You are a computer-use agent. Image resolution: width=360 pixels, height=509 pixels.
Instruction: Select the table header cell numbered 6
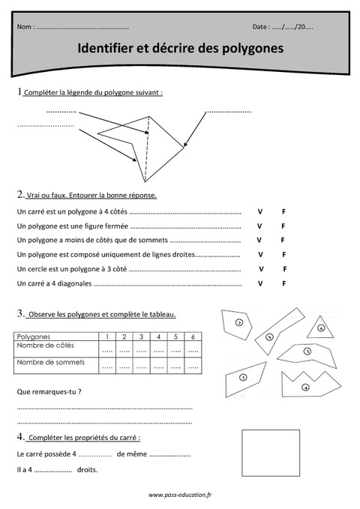(193, 337)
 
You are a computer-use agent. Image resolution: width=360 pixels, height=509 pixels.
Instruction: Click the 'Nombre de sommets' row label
(51, 362)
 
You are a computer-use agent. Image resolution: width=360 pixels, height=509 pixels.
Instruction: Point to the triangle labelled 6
(320, 328)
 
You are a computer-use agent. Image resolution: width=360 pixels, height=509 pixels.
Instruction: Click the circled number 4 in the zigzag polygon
(305, 387)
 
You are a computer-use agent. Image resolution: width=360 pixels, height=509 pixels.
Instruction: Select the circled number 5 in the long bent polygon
(269, 337)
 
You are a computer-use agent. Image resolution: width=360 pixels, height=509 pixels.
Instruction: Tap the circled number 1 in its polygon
(244, 377)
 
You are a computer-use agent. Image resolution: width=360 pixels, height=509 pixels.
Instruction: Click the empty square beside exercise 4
(270, 453)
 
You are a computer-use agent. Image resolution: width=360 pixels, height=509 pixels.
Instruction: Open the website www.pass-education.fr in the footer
(180, 495)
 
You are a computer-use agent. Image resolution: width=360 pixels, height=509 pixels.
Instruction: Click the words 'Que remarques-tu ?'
(49, 391)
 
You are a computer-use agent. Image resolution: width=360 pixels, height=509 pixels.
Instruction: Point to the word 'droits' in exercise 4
(87, 470)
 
